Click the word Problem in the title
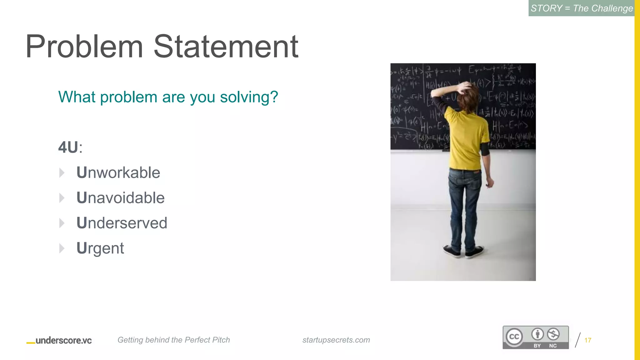[84, 47]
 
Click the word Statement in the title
[226, 47]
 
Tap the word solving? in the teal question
[249, 97]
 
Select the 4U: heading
[70, 147]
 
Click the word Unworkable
[118, 172]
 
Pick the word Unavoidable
[120, 198]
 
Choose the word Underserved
[122, 223]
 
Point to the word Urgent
[100, 248]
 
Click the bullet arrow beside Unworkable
[62, 172]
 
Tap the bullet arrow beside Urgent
[62, 248]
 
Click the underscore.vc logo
[59, 340]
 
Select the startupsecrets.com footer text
[336, 340]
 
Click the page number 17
[587, 340]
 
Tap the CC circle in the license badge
[514, 337]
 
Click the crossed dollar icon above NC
[553, 334]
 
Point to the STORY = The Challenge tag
[582, 8]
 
